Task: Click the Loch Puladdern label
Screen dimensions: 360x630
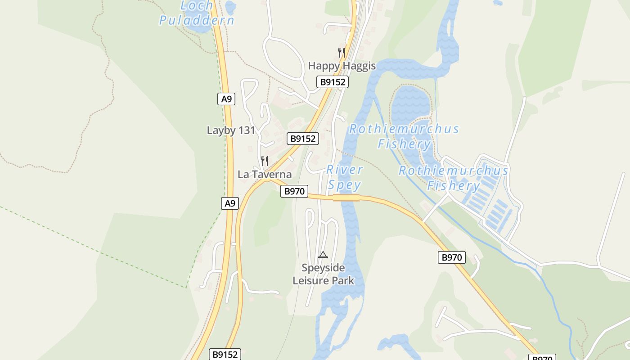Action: point(197,13)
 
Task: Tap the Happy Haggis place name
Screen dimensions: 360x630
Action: point(342,66)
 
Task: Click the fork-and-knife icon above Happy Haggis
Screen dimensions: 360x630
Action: point(342,52)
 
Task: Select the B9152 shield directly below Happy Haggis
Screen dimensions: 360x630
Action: point(333,82)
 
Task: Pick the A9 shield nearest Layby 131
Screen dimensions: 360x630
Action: point(226,99)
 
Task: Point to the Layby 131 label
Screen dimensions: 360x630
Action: point(231,130)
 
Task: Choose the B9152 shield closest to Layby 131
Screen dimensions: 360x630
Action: point(303,139)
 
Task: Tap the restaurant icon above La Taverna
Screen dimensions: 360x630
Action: point(265,161)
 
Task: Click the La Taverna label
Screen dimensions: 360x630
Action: point(265,175)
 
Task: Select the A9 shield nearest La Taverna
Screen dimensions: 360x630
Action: point(230,203)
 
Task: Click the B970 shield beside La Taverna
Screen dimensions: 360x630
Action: point(294,191)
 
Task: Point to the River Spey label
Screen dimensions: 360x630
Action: point(344,177)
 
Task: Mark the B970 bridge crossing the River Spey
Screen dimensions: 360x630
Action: point(346,198)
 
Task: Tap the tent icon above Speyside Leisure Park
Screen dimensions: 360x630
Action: point(323,255)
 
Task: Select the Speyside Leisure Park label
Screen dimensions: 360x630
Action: point(323,274)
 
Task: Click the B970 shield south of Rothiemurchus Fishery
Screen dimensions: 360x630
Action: point(451,257)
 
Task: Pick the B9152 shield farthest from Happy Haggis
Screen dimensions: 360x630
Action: point(225,354)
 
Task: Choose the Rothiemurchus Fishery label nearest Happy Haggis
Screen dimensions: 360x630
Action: point(404,136)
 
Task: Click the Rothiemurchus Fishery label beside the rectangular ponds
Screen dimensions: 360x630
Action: point(453,178)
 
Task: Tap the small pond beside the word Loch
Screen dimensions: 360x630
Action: point(230,7)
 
